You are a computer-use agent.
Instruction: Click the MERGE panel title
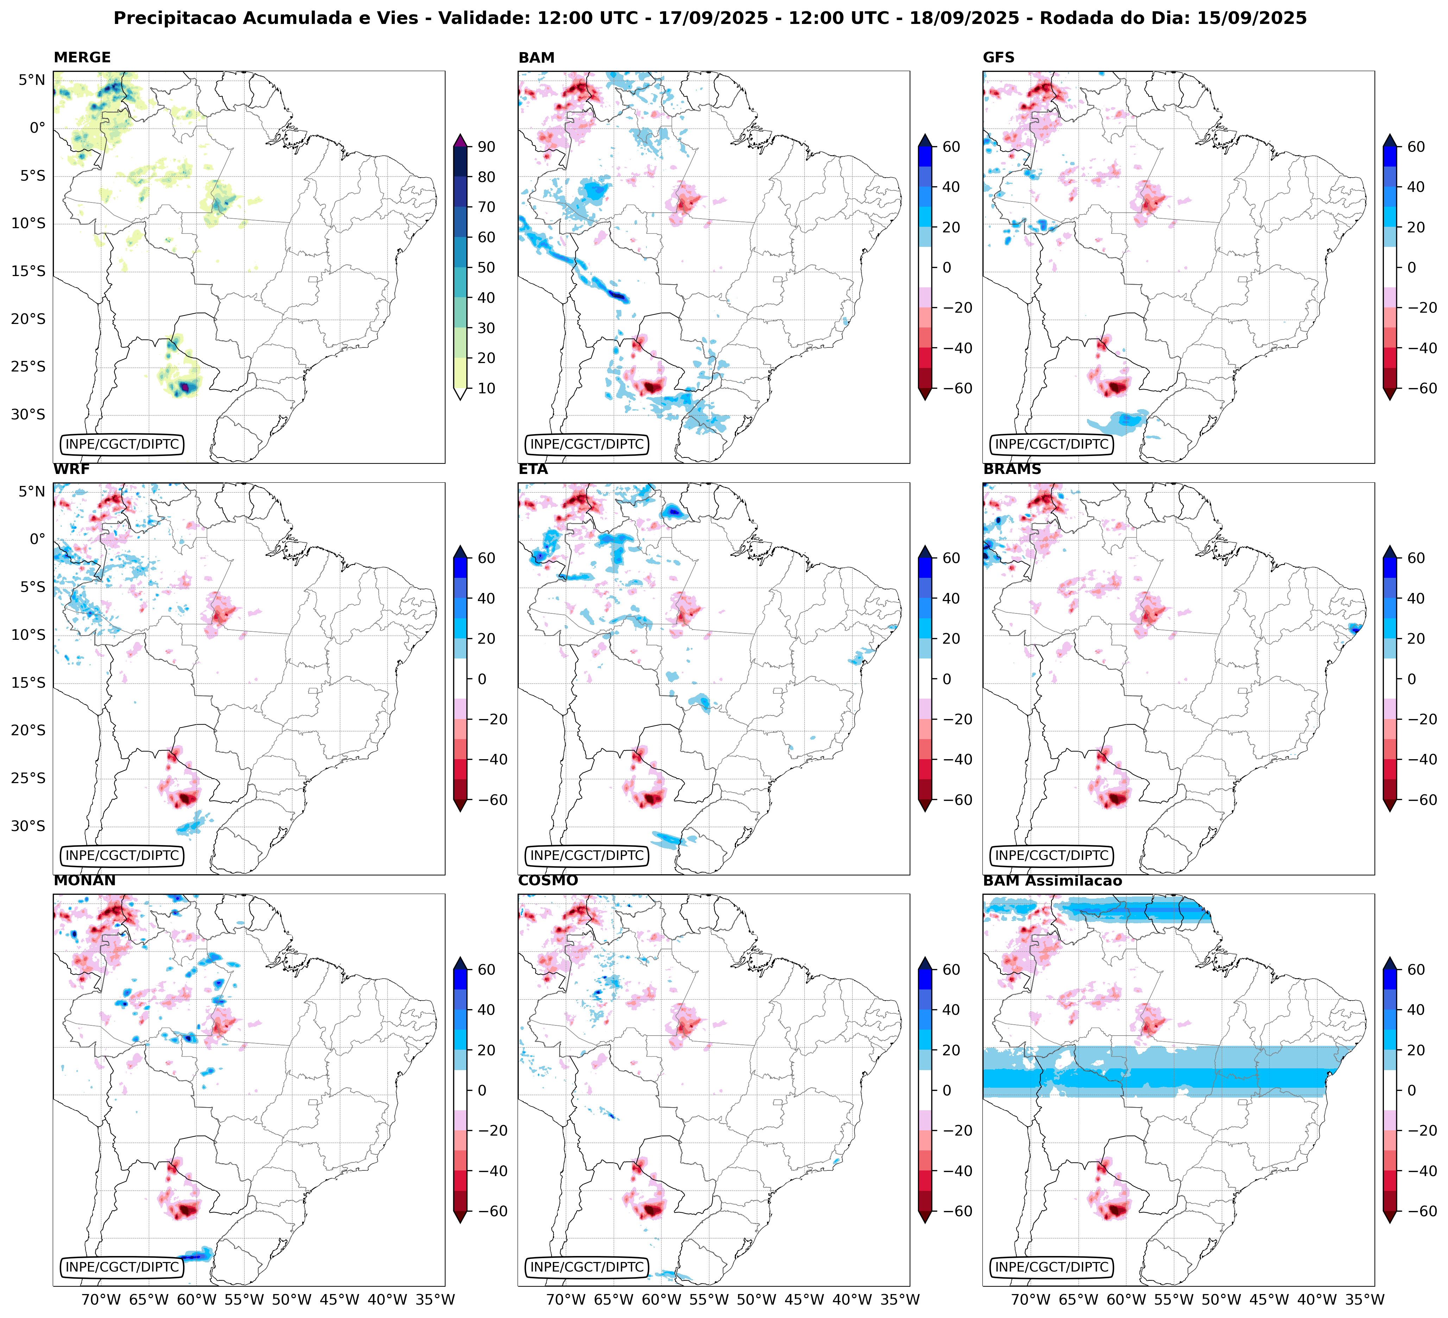82,57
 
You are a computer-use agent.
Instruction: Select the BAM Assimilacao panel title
1052,881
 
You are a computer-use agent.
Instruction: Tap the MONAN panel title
84,881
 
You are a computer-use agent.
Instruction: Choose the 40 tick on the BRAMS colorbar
1416,599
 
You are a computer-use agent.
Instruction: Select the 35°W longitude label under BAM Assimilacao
1364,1299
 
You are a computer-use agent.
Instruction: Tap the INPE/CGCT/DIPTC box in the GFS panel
1051,444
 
